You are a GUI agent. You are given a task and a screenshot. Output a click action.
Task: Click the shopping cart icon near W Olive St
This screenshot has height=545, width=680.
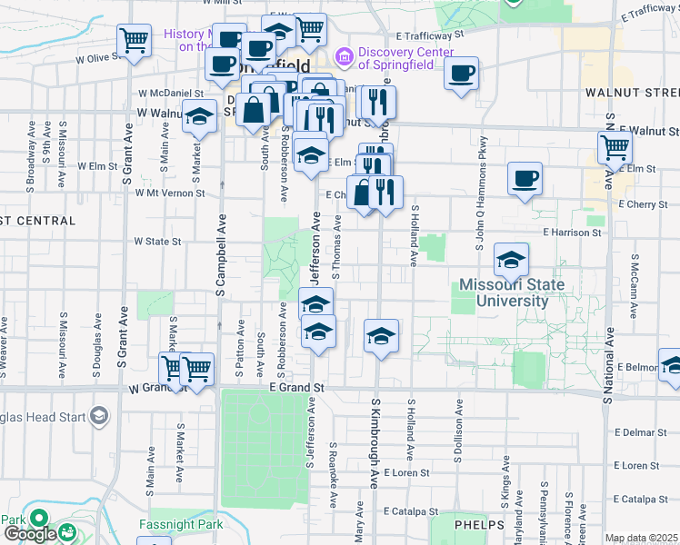(134, 40)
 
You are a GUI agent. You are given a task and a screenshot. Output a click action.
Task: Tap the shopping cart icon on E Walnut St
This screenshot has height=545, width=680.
(615, 147)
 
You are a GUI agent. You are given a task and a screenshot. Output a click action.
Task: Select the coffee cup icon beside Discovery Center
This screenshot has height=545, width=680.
(462, 73)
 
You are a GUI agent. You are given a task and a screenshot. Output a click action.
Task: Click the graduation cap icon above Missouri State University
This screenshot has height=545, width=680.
(511, 260)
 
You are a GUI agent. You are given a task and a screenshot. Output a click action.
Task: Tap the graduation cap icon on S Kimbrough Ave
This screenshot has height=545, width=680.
(382, 335)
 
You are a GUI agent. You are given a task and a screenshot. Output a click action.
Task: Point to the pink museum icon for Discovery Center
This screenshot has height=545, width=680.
(344, 57)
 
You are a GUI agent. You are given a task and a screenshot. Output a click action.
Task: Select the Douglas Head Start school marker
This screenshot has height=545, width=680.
(98, 417)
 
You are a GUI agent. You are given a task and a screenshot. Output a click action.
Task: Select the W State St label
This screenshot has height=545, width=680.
(158, 242)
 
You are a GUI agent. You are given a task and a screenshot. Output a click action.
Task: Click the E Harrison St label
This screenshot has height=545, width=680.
(572, 233)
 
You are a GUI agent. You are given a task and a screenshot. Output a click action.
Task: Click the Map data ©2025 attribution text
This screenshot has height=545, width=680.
(642, 539)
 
